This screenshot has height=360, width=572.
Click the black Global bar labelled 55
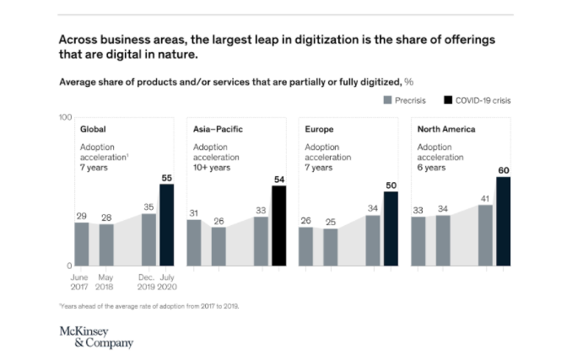click(166, 225)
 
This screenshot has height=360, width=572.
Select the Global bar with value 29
click(82, 244)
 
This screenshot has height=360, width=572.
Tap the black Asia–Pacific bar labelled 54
click(278, 226)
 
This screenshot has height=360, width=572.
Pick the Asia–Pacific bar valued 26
click(219, 246)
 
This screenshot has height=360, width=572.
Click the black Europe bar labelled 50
click(391, 228)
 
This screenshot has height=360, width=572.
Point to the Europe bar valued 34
click(372, 240)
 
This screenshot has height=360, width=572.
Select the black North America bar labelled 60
click(503, 221)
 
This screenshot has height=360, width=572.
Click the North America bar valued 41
click(485, 235)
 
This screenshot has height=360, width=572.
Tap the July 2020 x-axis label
click(166, 282)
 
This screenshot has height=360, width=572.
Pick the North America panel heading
click(446, 130)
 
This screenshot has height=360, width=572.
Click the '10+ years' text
click(212, 167)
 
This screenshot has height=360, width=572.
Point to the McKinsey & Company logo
click(95, 336)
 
